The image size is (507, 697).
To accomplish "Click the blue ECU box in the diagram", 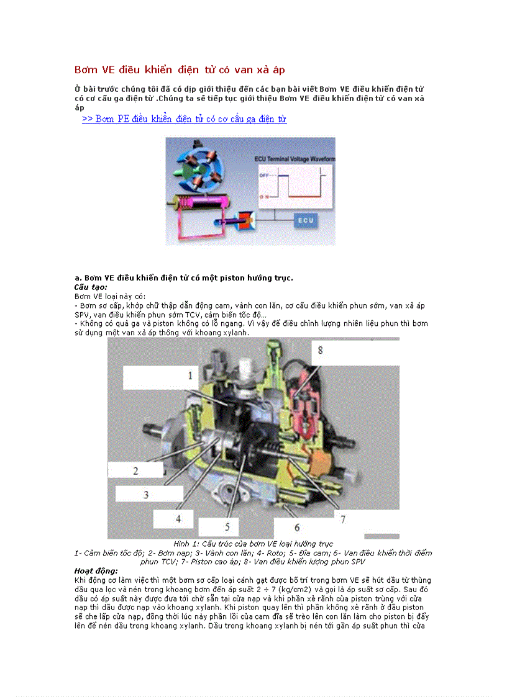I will (x=306, y=220).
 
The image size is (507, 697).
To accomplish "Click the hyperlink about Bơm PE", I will (x=184, y=119).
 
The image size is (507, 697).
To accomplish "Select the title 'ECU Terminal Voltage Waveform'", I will (x=295, y=160).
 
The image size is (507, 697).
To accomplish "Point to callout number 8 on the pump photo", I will (x=320, y=350).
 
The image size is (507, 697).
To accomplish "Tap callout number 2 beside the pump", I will (x=135, y=470).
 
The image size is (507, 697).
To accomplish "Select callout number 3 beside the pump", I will (x=146, y=494).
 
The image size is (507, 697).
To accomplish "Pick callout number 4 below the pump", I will (x=178, y=518).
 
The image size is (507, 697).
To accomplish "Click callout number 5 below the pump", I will (x=227, y=527).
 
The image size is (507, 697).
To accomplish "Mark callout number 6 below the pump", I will (x=297, y=527).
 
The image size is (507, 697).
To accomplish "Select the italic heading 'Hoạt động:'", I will (x=96, y=570).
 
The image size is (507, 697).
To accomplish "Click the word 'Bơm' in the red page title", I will (x=84, y=70).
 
